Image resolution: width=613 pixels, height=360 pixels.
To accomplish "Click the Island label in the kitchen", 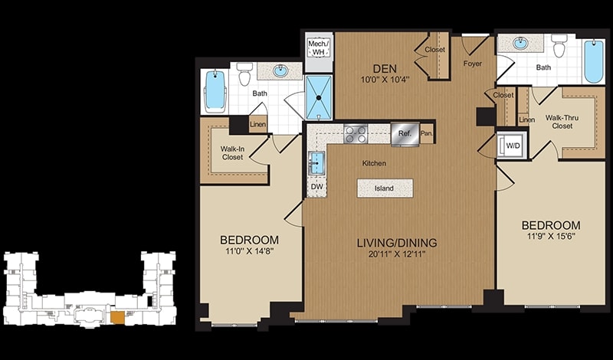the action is coord(384,188).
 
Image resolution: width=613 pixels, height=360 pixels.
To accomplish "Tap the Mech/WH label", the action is coord(319,47).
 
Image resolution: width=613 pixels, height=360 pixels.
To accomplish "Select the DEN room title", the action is coord(385,69).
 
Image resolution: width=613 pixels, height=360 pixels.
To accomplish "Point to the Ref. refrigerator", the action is coord(405,133).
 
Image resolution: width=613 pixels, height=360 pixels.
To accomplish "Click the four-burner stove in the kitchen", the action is coord(356,134).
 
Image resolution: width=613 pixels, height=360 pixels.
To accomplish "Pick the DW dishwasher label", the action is coord(316,187).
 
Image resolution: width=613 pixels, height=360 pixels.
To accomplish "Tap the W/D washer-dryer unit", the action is coord(511,146).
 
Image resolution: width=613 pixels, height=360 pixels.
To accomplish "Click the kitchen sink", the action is coord(316,162).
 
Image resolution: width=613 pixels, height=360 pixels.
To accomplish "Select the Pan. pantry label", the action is coord(427,133).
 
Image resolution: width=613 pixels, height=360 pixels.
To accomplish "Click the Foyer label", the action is coord(473,64).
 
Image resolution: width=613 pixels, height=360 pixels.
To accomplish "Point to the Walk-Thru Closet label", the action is coord(562,122).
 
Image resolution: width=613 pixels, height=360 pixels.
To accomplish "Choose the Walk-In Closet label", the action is coord(233,153).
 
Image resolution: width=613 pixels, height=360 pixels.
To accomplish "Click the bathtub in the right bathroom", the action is coord(594,61).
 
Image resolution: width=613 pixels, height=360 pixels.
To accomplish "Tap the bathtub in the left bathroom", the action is coord(216,90).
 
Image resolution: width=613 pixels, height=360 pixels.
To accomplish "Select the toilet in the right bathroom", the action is coord(559,45).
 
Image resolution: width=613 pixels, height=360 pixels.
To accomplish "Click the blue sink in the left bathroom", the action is coord(280,70).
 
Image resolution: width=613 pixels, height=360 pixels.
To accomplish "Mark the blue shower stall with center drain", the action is coord(319,97).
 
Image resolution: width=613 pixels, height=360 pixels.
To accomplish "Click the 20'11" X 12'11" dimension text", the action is coord(397,254).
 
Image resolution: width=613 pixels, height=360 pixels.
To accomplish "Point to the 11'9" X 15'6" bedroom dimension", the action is coord(551,236).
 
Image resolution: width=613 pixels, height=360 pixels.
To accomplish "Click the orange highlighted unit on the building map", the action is coord(118,317).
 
